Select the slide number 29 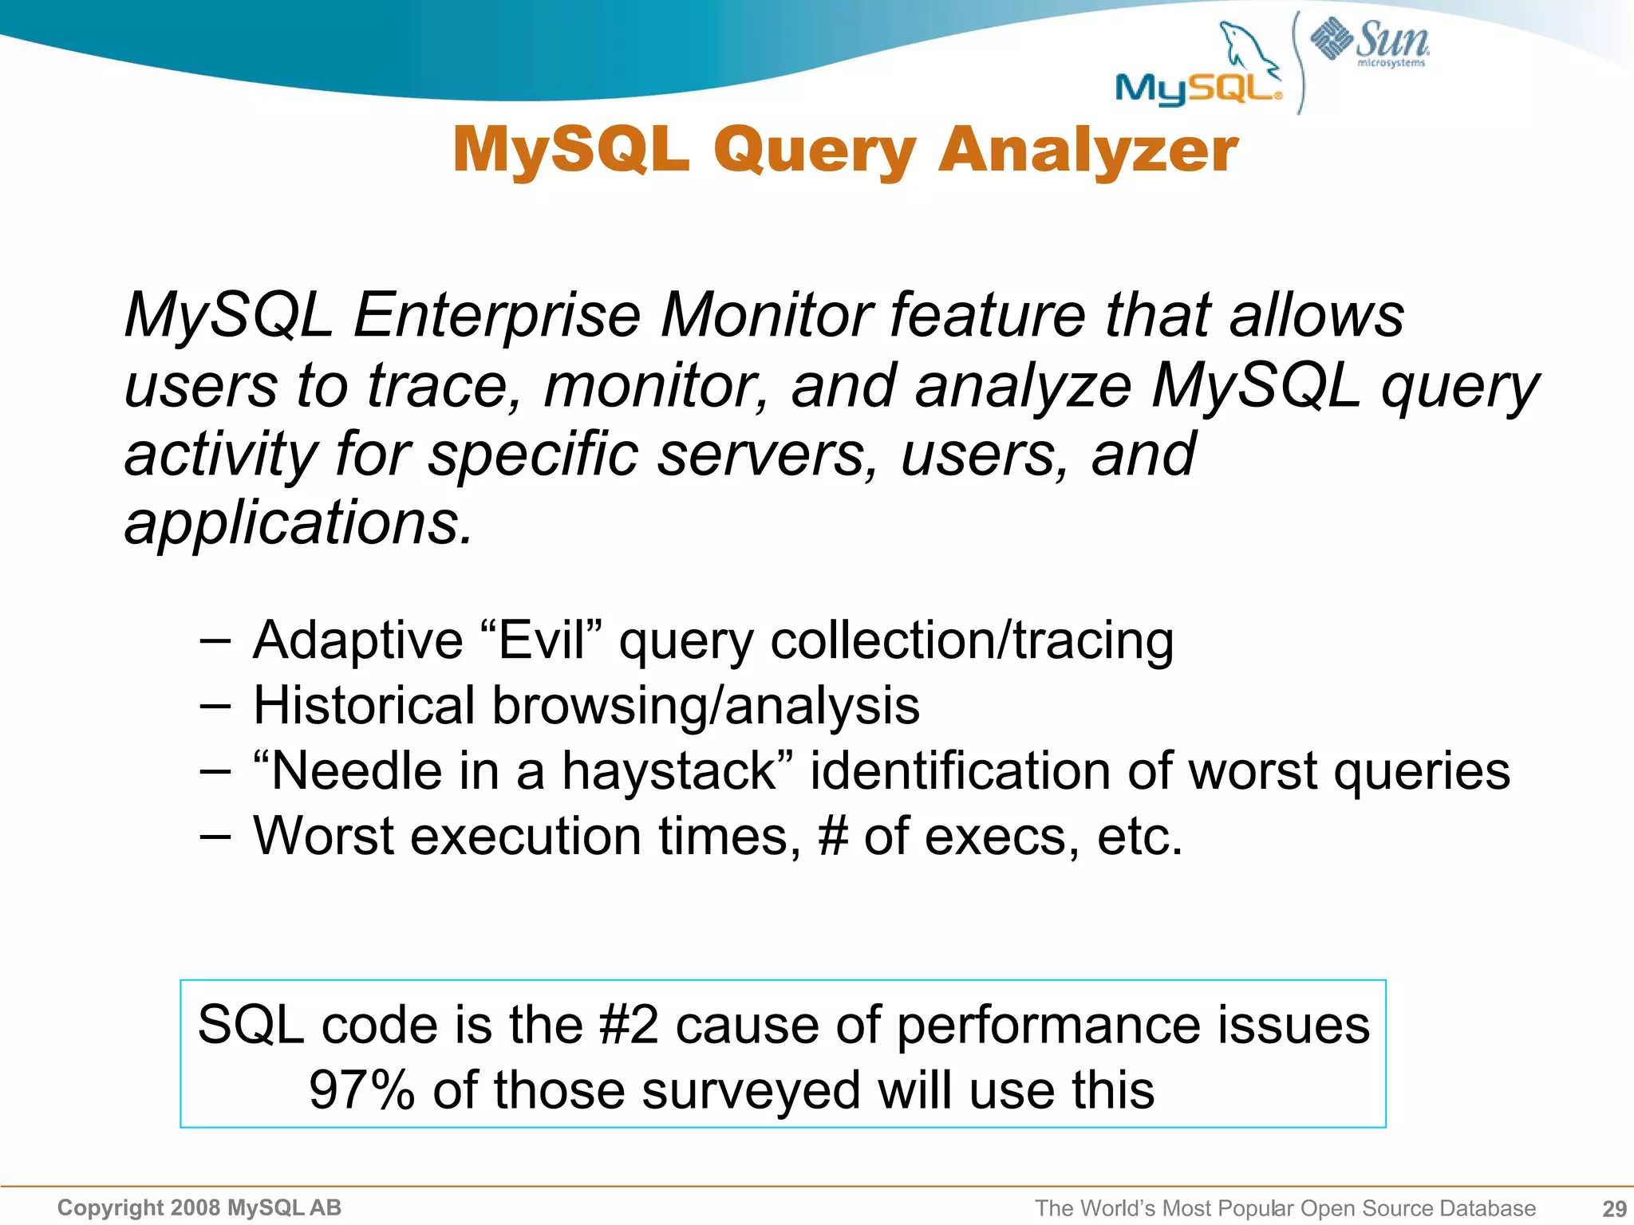(x=1614, y=1208)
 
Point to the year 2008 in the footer (x=195, y=1208)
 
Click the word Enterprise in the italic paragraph (x=496, y=315)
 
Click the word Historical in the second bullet (x=363, y=706)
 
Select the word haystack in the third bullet (x=669, y=771)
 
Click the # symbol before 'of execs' (x=832, y=837)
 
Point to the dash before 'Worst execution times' (x=215, y=837)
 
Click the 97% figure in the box (x=361, y=1090)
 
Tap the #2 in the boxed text (x=629, y=1025)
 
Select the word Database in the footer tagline (x=1487, y=1208)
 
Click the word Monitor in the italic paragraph (x=766, y=315)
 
